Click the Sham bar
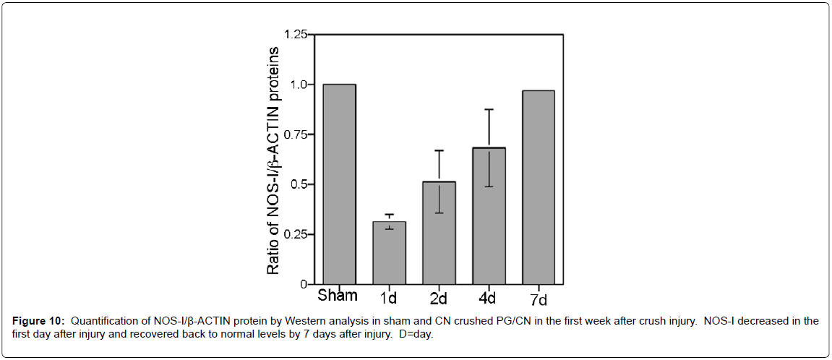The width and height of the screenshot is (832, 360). coord(339,184)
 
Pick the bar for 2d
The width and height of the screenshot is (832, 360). coord(439,233)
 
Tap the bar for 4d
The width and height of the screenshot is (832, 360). coord(489,215)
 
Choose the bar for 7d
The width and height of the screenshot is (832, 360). coord(538,187)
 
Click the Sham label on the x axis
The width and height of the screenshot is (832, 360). coord(338,296)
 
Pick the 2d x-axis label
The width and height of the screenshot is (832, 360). coord(439,298)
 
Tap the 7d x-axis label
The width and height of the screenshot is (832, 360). coord(538,298)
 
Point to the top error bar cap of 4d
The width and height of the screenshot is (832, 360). coord(489,109)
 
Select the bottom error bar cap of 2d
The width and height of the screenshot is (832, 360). coord(439,213)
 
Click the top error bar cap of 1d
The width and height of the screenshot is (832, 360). coord(389,215)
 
